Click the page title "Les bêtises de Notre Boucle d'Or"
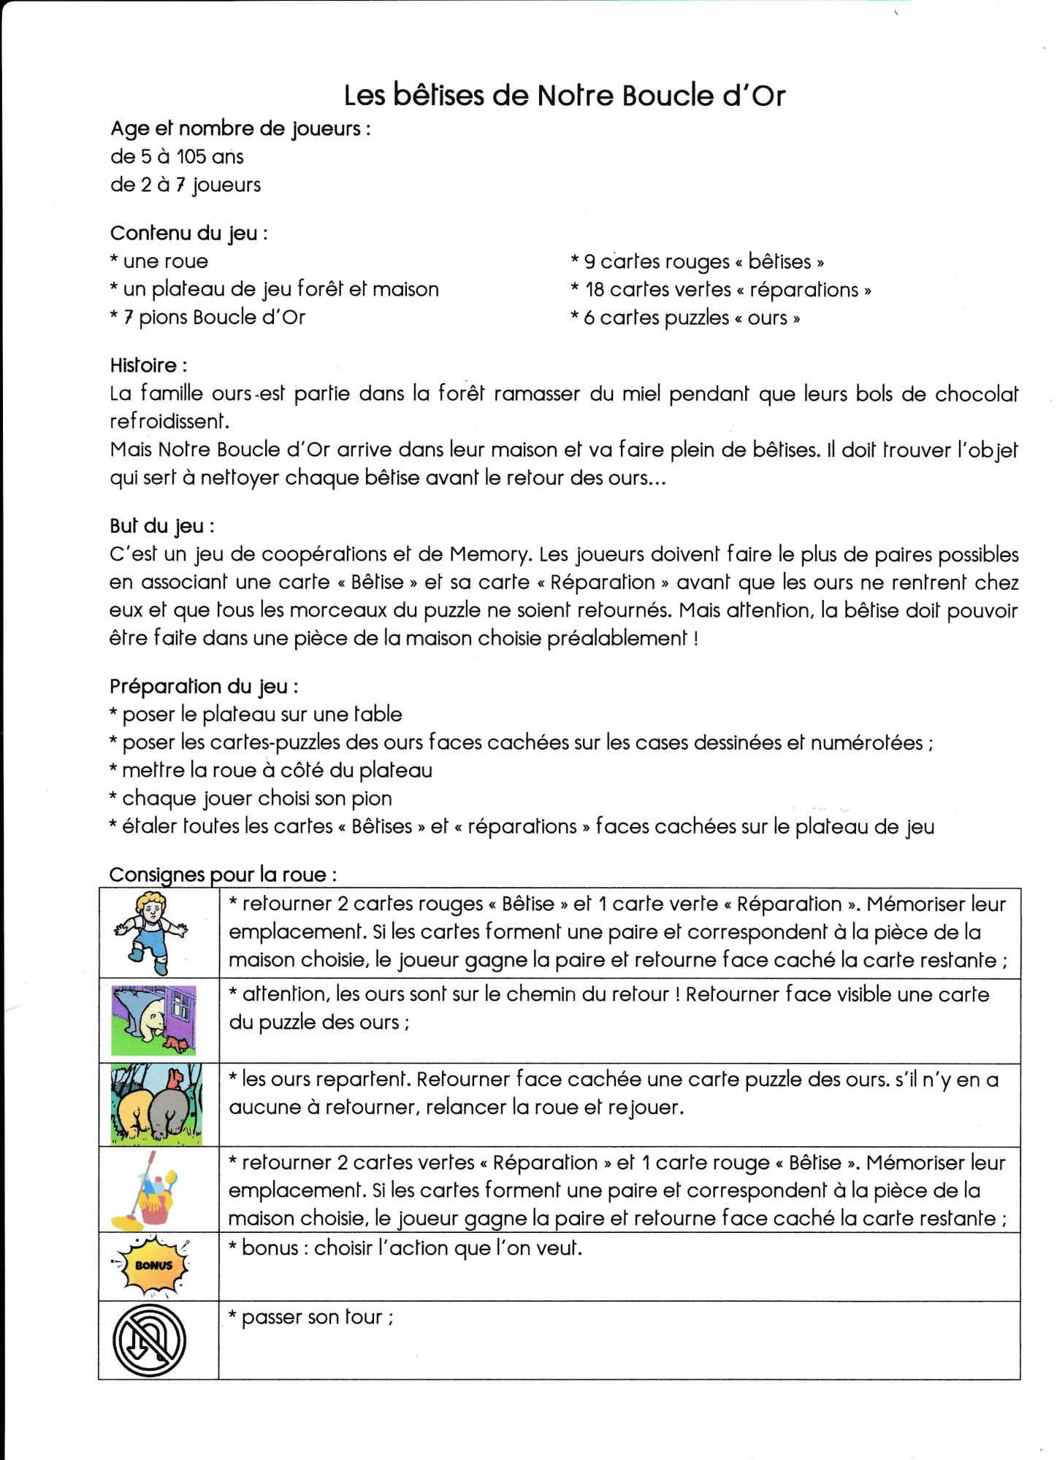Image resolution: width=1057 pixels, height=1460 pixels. pos(564,96)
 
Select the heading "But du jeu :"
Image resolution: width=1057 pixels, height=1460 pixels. pos(161,526)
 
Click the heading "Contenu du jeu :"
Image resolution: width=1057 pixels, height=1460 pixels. pos(188,234)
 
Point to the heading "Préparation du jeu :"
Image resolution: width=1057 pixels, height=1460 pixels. pos(204,686)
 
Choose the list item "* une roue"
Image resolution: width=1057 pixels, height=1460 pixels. pos(159,261)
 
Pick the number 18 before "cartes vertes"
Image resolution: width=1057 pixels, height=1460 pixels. pos(595,290)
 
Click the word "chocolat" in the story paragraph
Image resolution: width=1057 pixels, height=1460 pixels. pos(976,394)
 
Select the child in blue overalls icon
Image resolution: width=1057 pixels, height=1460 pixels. pos(151,932)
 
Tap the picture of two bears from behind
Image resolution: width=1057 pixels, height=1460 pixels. pos(156,1104)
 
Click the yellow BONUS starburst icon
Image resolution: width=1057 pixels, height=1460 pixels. pos(153,1266)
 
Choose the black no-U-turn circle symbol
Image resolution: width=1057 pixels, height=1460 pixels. pos(150,1340)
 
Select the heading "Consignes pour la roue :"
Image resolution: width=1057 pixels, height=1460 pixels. pos(223,875)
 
